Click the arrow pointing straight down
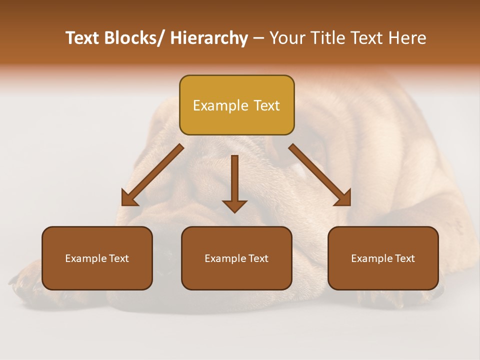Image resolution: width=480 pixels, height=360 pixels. click(234, 180)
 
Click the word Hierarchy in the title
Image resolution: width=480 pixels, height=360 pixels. click(209, 38)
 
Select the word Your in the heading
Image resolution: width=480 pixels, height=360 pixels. click(287, 38)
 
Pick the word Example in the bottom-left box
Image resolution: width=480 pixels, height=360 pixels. click(85, 258)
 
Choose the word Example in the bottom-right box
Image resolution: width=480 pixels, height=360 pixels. click(371, 258)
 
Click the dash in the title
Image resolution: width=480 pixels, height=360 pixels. click(258, 38)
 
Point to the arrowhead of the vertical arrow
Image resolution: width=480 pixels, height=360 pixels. click(234, 206)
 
